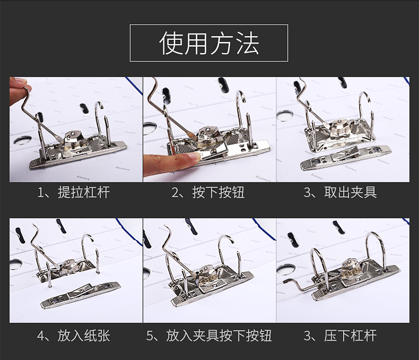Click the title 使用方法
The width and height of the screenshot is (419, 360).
[x=209, y=43]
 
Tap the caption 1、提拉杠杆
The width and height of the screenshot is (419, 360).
[x=74, y=192]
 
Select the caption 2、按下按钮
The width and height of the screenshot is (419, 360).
[x=208, y=192]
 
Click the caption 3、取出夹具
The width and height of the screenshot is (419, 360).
[x=340, y=192]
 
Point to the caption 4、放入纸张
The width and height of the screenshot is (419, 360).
[x=74, y=336]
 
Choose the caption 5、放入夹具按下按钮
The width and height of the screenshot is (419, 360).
[x=209, y=336]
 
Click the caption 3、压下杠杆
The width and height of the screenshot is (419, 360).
[x=340, y=336]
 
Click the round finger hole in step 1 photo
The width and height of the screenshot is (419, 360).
[x=22, y=140]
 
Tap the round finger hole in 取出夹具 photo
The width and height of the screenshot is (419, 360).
[x=285, y=116]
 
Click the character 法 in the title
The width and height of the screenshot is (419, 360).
[x=248, y=43]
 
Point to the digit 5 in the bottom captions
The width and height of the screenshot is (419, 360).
[x=150, y=336]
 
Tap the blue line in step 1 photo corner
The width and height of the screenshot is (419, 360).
[x=134, y=85]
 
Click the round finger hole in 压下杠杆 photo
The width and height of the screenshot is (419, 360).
[x=285, y=269]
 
